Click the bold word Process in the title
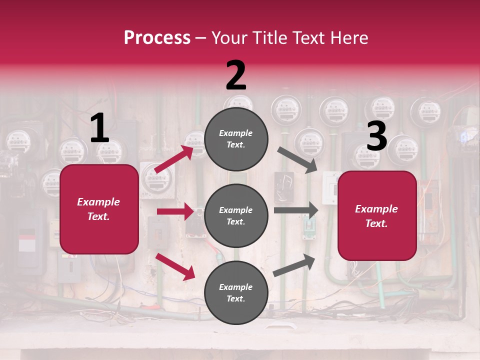point(157,38)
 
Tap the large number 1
point(99,128)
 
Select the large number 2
point(236,75)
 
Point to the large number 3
point(376,136)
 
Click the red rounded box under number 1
point(99,209)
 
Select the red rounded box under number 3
point(377,215)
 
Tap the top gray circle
point(236,139)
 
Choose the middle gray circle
point(236,215)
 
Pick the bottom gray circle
point(236,292)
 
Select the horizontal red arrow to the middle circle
point(175,211)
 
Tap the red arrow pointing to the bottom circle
point(175,266)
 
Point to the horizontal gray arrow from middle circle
point(296,210)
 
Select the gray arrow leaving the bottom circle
point(294,265)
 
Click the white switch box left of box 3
point(330,187)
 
